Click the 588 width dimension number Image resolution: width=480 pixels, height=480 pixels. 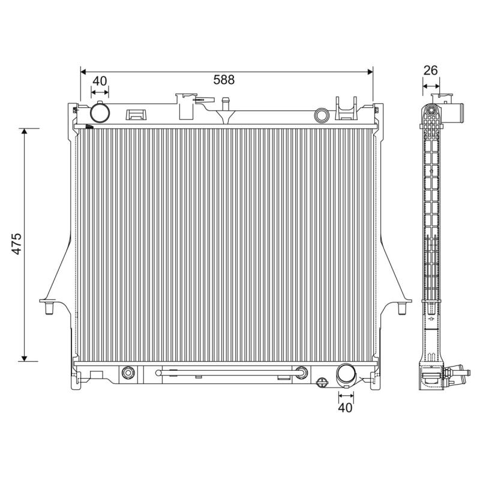pyautogui.click(x=224, y=80)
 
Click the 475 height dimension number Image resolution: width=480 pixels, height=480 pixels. pyautogui.click(x=17, y=244)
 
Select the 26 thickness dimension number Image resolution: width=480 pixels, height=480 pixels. pyautogui.click(x=430, y=70)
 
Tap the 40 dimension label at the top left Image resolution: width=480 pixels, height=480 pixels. pyautogui.click(x=100, y=81)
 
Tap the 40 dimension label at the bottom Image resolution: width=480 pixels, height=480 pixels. pyautogui.click(x=346, y=408)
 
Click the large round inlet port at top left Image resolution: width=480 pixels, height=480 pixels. pyautogui.click(x=100, y=113)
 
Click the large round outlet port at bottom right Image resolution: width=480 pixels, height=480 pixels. pyautogui.click(x=346, y=374)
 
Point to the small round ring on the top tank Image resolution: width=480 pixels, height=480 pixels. pyautogui.click(x=322, y=115)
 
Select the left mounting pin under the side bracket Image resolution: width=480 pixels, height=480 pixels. pyautogui.click(x=49, y=308)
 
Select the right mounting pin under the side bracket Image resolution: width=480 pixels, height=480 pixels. pyautogui.click(x=402, y=308)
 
